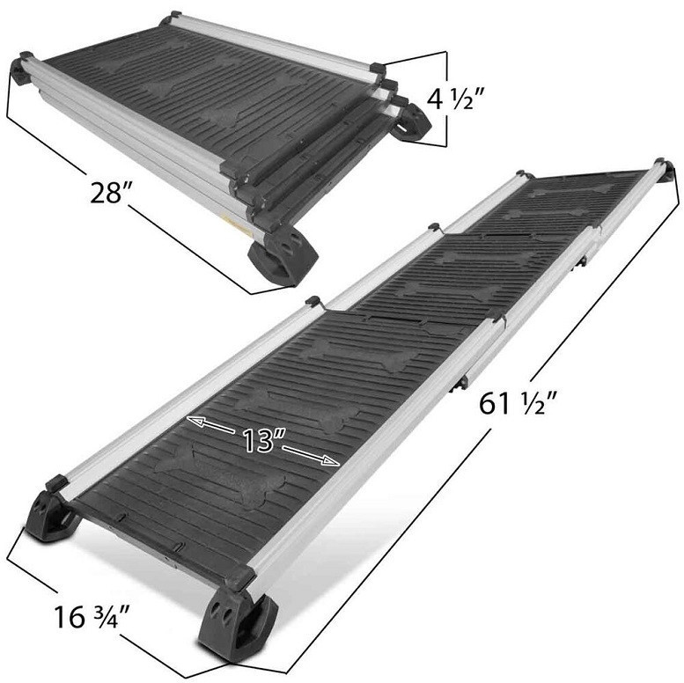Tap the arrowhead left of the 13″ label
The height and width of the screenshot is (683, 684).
coord(196,422)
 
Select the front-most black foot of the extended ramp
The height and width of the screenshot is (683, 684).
coord(236,624)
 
